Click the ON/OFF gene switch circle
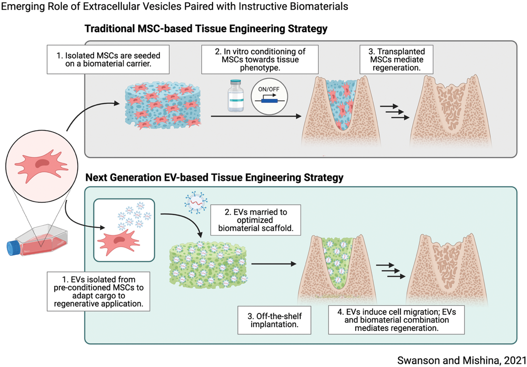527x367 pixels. (269, 96)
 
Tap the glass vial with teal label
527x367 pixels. (236, 96)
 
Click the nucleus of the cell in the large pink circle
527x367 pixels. (42, 163)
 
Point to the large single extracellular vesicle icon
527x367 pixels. (196, 202)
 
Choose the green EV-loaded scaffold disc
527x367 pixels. (208, 265)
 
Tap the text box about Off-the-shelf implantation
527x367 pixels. (274, 320)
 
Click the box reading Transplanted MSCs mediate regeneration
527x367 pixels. (396, 59)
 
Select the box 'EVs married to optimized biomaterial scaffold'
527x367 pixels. (256, 220)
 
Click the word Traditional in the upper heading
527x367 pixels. (109, 29)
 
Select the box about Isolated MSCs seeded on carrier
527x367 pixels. (108, 59)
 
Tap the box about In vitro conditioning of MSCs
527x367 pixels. (260, 59)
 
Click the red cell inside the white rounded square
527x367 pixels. (118, 242)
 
